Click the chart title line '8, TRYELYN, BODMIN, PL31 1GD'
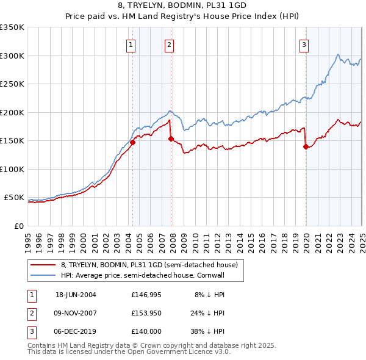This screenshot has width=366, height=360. click(182, 6)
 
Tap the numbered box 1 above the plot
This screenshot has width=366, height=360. click(132, 44)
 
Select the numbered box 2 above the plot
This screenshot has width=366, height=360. click(169, 44)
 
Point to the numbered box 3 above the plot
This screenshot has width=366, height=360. click(304, 44)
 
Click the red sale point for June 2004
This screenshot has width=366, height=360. click(132, 142)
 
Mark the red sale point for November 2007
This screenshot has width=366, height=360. click(171, 139)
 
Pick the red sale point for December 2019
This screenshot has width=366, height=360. click(306, 146)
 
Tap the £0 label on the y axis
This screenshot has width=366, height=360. click(18, 226)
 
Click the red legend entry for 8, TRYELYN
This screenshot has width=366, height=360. click(152, 265)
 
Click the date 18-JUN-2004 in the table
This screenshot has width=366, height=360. click(76, 295)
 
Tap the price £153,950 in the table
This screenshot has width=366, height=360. click(146, 314)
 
